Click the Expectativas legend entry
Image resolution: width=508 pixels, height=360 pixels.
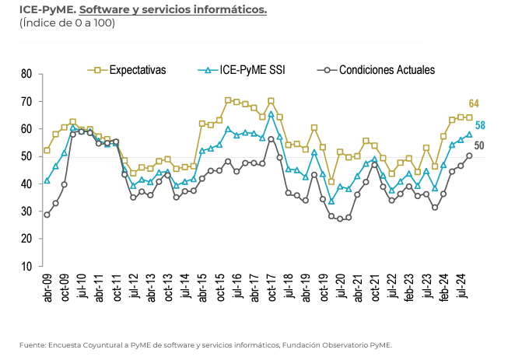(x=138, y=69)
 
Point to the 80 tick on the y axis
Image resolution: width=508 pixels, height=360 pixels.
(x=26, y=74)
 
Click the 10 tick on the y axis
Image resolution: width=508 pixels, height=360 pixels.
(x=26, y=266)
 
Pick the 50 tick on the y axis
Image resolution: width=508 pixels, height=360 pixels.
(x=26, y=156)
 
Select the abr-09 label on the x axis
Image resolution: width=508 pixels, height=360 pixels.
(x=47, y=288)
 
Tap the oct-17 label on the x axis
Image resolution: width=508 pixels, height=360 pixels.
(x=272, y=288)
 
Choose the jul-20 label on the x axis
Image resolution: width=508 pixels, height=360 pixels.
(x=341, y=288)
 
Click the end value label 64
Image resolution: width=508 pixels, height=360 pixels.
(x=475, y=104)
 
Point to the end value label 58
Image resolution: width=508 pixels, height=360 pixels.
(x=480, y=125)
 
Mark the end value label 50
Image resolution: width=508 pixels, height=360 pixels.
(x=479, y=145)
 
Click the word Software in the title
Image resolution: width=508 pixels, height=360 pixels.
(x=102, y=10)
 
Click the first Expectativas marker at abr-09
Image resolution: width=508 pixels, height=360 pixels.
(x=47, y=150)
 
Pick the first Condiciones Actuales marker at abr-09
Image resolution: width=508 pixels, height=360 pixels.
(x=47, y=215)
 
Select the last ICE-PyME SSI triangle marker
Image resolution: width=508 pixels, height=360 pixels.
(x=469, y=135)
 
